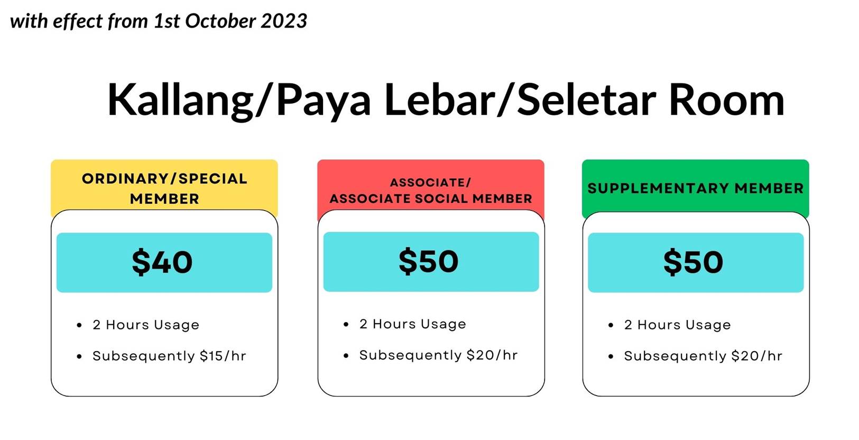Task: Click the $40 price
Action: click(x=162, y=262)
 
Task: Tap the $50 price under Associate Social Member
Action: click(x=428, y=262)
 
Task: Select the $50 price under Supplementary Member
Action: click(x=694, y=262)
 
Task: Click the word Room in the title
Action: click(x=727, y=100)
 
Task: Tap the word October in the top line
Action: click(x=220, y=21)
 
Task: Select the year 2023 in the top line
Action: click(x=284, y=21)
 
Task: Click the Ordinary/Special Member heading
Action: click(x=164, y=189)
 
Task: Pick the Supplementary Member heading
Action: click(x=696, y=188)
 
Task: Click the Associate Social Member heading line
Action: click(x=431, y=199)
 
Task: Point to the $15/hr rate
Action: click(x=223, y=356)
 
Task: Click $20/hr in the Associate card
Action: click(x=492, y=355)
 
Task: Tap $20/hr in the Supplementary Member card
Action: click(x=756, y=356)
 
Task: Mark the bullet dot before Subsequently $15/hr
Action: click(x=79, y=357)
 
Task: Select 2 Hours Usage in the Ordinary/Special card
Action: click(x=146, y=325)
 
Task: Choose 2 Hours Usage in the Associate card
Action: click(x=413, y=324)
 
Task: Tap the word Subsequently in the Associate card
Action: click(x=410, y=355)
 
